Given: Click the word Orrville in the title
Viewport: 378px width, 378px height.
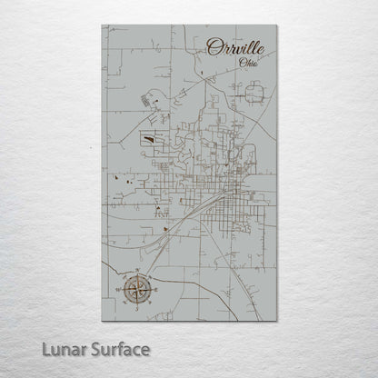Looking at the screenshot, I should tap(233, 47).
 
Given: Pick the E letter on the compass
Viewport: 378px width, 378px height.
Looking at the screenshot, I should tap(154, 292).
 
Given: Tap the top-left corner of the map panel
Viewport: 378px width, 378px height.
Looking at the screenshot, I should tap(103, 25).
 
